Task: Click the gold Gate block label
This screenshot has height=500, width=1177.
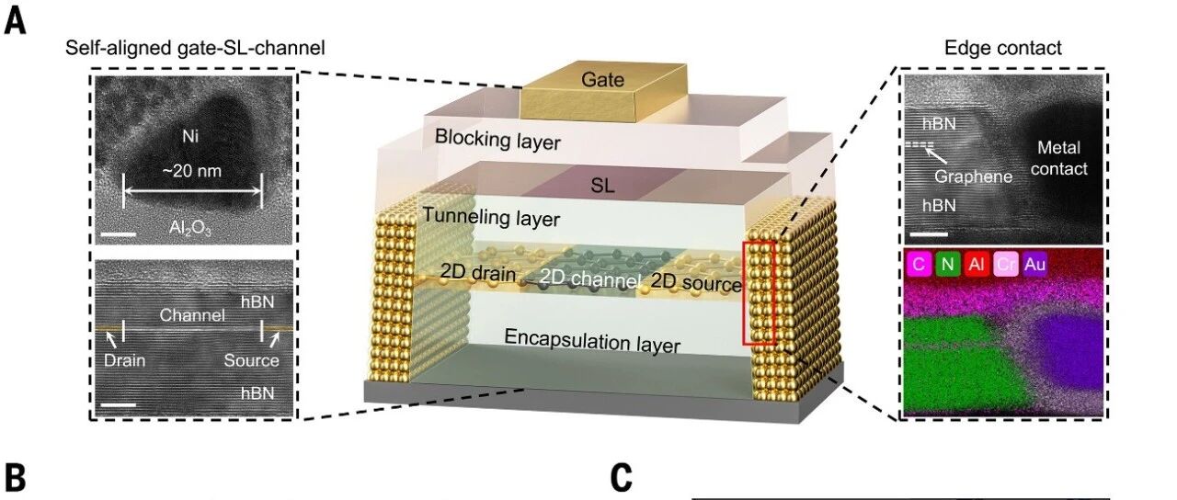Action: (602, 80)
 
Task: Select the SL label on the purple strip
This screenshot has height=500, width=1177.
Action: (602, 186)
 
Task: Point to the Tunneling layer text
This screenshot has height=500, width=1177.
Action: (491, 217)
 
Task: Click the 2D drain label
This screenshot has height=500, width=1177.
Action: (477, 273)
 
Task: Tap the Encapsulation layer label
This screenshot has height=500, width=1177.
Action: (592, 341)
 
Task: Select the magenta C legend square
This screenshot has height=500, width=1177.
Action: (919, 264)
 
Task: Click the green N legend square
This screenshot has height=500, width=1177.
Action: (947, 264)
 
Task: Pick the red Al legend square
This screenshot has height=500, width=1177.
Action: (977, 264)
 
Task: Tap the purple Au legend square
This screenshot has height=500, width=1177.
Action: (1034, 264)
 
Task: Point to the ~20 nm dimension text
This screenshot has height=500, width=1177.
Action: (192, 171)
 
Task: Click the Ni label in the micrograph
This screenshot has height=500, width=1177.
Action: (190, 137)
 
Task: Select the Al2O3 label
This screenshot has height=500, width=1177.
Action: (189, 228)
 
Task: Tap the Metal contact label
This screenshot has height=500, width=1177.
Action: (1058, 158)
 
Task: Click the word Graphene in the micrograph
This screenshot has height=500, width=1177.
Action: (973, 176)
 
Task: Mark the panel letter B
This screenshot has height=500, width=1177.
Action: (15, 478)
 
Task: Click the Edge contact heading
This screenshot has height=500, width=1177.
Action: (1003, 48)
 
